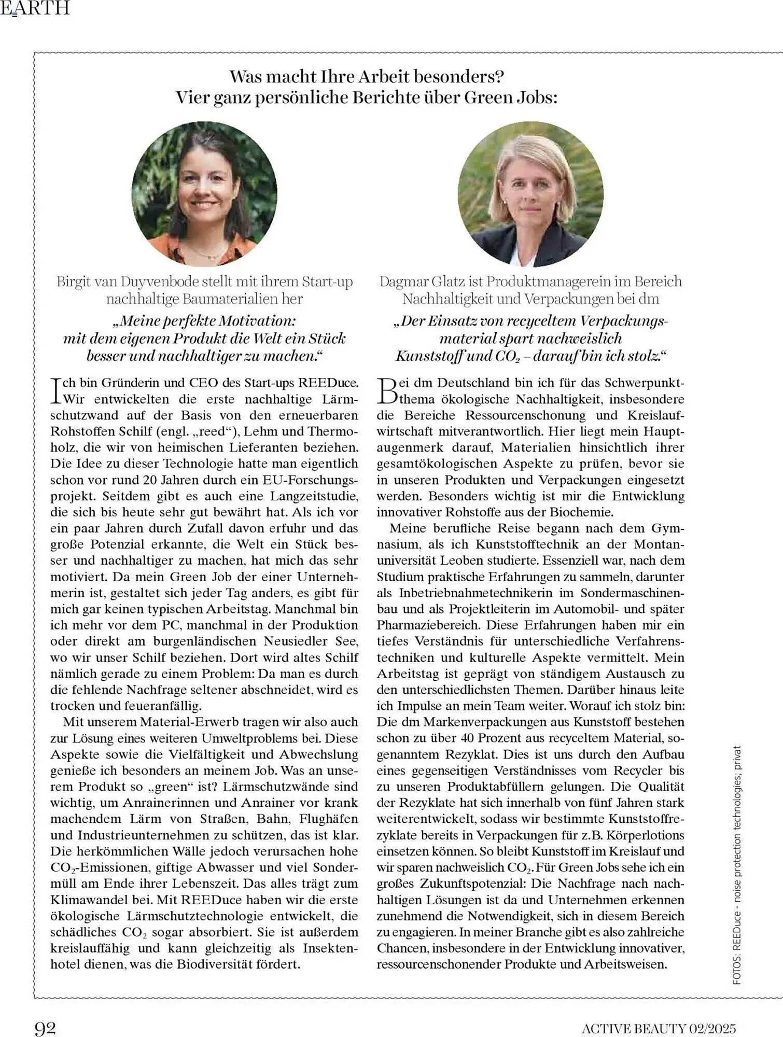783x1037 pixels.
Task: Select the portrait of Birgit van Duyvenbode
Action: click(204, 193)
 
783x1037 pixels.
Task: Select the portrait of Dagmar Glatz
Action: click(530, 193)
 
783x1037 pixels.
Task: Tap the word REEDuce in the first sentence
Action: click(328, 383)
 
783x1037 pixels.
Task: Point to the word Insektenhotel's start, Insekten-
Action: click(330, 948)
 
